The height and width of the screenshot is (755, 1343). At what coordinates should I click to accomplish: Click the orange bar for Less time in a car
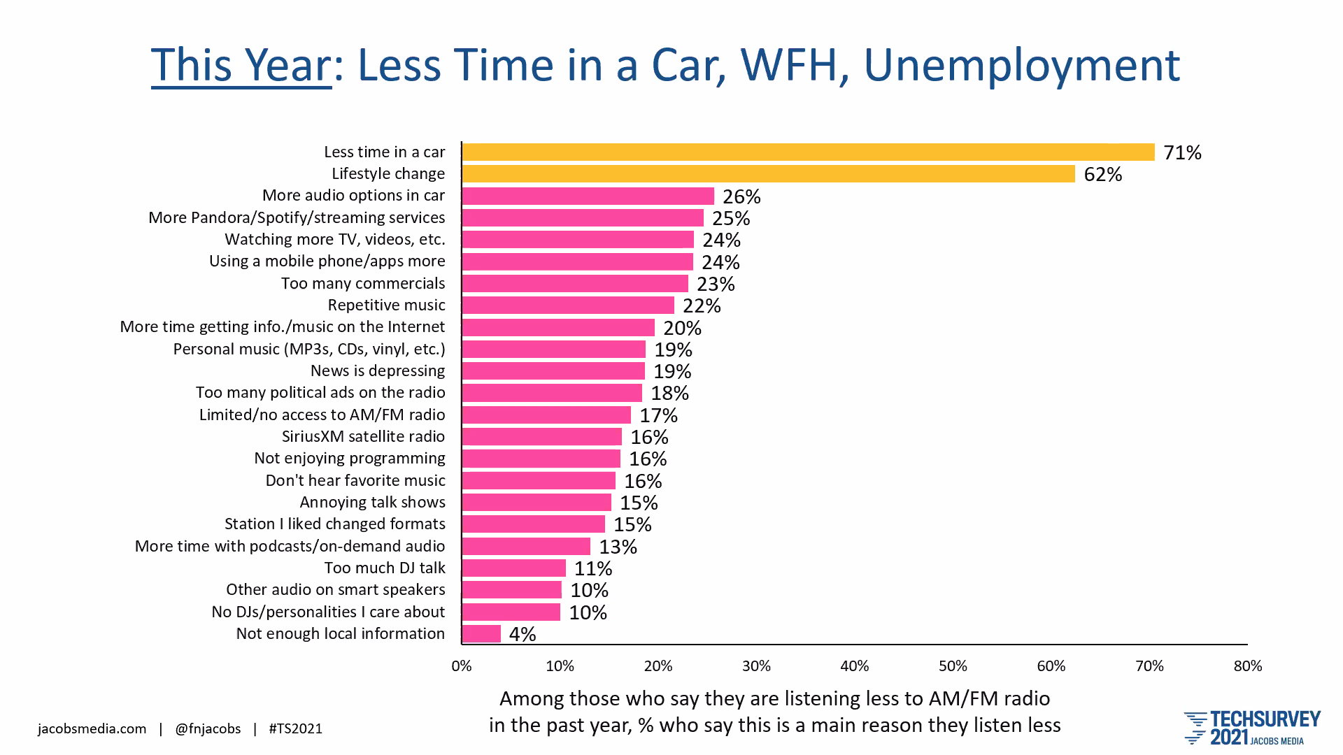(808, 152)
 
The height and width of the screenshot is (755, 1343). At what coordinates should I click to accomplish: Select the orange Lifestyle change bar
(768, 174)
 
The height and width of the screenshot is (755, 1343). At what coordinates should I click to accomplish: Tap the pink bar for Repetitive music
(568, 305)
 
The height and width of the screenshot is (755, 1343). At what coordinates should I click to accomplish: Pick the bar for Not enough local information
(482, 634)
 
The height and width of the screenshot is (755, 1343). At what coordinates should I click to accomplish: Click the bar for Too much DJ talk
(514, 568)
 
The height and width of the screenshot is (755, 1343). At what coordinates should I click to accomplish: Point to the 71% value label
(1182, 152)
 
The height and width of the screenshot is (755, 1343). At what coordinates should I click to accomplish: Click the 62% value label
(1102, 174)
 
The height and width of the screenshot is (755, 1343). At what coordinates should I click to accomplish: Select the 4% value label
(523, 634)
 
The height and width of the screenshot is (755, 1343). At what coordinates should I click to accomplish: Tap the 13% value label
(618, 547)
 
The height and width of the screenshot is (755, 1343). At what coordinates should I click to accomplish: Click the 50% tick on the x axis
(953, 666)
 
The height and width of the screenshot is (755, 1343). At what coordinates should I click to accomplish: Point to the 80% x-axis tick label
(1247, 666)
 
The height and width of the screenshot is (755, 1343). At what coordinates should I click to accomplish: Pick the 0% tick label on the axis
(462, 666)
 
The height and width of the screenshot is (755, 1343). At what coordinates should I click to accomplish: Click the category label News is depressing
(378, 371)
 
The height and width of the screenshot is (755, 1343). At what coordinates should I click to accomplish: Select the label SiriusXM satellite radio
(363, 437)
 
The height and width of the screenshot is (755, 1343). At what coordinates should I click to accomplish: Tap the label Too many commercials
(363, 284)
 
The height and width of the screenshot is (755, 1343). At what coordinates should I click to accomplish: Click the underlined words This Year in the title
(241, 65)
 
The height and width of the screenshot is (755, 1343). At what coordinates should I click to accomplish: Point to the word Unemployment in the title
(1021, 65)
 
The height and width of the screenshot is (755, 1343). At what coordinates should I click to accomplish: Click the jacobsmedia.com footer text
(92, 729)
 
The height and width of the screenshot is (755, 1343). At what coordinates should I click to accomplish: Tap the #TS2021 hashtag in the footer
(296, 729)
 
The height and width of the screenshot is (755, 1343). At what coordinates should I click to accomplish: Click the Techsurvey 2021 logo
(1252, 728)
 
